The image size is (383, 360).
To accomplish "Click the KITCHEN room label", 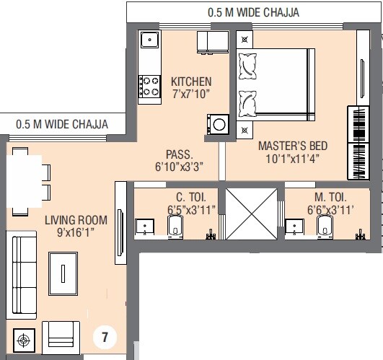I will [191, 81].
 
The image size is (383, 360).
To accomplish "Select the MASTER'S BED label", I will [289, 145].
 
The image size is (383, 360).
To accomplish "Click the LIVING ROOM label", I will [76, 219].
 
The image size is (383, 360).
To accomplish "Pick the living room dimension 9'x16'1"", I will [76, 234].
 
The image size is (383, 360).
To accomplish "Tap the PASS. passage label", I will [179, 154].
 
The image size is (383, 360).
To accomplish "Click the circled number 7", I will [105, 337].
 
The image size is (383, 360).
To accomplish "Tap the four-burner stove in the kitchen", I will [149, 87].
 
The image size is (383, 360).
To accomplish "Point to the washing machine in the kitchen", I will [217, 124].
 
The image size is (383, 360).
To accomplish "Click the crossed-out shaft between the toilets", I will [251, 214].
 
